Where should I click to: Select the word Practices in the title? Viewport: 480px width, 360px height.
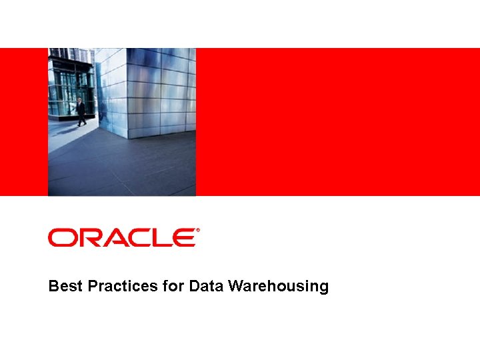tap(123, 287)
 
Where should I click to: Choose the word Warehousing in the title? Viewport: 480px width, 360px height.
tap(278, 287)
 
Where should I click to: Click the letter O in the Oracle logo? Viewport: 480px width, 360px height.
tap(62, 237)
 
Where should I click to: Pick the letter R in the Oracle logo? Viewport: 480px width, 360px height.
tap(89, 237)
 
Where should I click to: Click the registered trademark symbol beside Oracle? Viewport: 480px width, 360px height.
tap(197, 231)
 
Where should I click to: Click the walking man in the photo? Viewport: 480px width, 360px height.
tap(81, 112)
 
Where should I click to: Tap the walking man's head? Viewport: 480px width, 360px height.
tap(80, 100)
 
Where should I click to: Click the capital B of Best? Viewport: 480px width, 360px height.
tap(53, 287)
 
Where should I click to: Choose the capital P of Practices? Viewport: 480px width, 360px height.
tap(94, 287)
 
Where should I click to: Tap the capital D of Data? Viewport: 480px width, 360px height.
tap(194, 287)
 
